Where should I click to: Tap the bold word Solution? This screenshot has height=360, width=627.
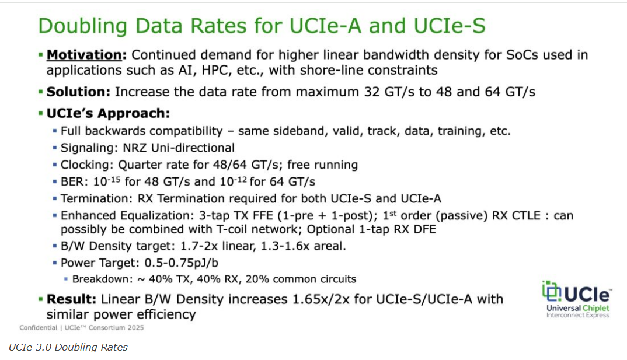tap(78, 92)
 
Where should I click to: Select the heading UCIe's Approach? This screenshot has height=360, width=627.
tap(108, 113)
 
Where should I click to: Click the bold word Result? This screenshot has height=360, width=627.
tap(71, 300)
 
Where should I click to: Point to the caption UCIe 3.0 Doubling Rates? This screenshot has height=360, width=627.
tap(68, 348)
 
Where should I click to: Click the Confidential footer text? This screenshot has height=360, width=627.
tap(39, 327)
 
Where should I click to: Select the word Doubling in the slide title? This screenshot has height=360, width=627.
tap(95, 26)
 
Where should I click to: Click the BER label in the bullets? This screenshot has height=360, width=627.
tap(72, 182)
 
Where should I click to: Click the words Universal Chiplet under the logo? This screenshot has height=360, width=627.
tap(576, 307)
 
